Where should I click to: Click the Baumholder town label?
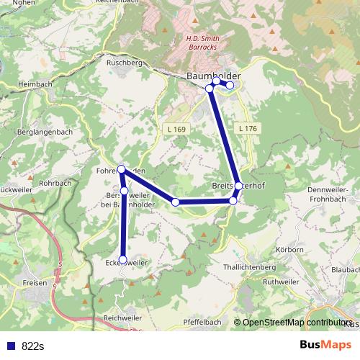[x=213, y=76]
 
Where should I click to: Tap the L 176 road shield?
[x=246, y=128]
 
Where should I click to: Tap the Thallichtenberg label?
[x=250, y=266]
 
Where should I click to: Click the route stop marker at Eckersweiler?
[x=122, y=260]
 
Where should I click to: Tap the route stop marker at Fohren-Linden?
[x=121, y=169]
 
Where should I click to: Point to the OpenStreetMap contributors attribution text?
[x=295, y=323]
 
